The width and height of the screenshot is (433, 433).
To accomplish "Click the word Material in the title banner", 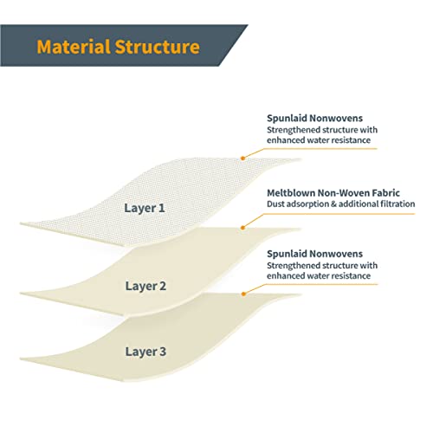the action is click(x=74, y=47).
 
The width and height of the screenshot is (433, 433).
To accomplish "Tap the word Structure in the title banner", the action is click(x=158, y=47).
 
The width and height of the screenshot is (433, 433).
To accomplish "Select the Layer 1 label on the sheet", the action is click(x=145, y=209).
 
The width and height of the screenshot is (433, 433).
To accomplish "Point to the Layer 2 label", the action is click(x=145, y=287).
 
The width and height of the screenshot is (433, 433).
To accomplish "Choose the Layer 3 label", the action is click(x=145, y=352).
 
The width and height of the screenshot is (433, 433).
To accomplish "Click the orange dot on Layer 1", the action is click(x=243, y=158).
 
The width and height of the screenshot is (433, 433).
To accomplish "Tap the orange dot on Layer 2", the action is click(x=243, y=228).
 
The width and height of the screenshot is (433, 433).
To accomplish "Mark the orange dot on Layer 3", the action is click(x=243, y=294).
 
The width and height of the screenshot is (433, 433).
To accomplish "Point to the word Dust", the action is click(x=274, y=204).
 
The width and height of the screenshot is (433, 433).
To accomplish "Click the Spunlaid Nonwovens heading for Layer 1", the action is click(x=314, y=119).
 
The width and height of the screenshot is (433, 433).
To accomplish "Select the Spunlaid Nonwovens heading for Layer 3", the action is click(x=314, y=254).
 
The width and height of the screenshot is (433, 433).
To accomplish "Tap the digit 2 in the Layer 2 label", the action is click(x=163, y=286).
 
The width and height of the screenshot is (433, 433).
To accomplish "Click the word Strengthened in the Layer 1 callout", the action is click(x=290, y=130).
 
